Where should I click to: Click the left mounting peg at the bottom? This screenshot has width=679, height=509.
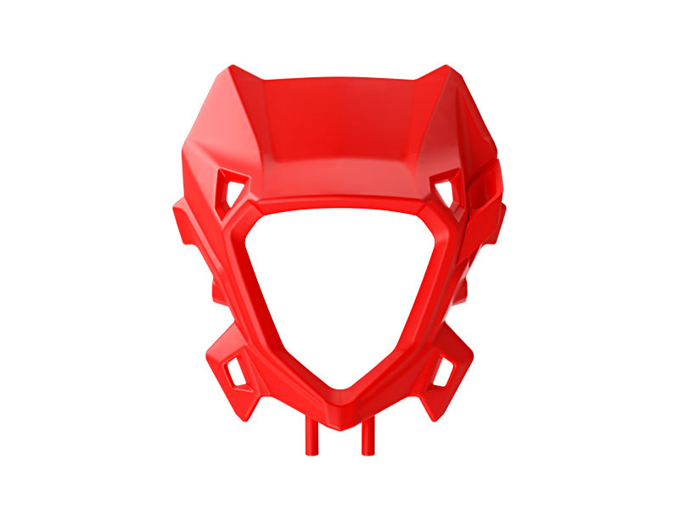pos(311,439)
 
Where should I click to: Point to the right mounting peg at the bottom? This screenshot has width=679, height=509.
pos(368,439)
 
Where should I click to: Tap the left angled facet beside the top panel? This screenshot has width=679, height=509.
pos(229,127)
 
